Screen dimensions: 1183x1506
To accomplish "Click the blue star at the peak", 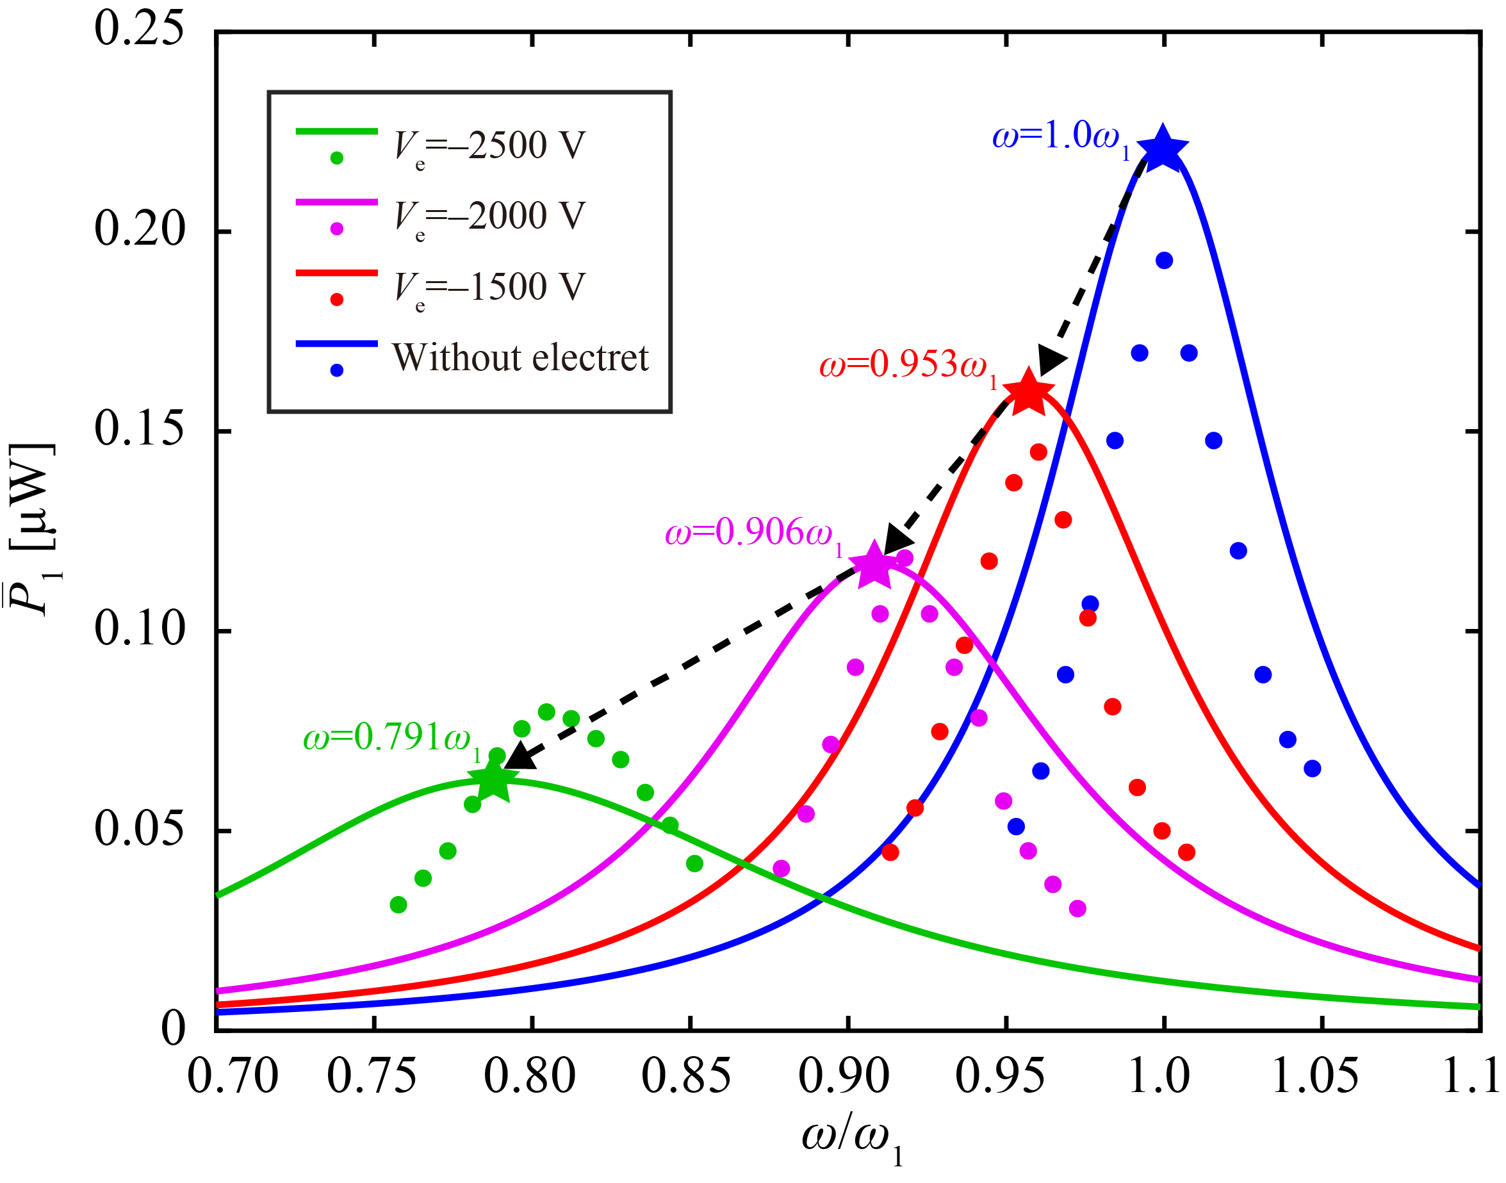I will coord(1162,148).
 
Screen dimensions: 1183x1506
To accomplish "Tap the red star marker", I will coord(1028,393).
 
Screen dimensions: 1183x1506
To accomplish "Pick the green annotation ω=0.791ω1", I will coord(392,738).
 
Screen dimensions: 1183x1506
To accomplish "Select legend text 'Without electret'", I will coord(520,358).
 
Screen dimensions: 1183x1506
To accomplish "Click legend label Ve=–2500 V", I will coord(489,147).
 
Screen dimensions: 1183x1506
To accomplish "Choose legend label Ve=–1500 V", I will coord(489,288).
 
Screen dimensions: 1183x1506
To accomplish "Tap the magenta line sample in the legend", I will coord(337,202).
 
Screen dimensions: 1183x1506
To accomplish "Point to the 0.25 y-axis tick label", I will coord(139,29).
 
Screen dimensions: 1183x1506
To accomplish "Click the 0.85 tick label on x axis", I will coord(686,1077).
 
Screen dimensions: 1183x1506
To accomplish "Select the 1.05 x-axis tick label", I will coord(1316,1077).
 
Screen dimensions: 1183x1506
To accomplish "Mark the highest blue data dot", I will coord(1164,261).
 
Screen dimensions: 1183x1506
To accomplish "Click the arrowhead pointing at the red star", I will coord(1051,361).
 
